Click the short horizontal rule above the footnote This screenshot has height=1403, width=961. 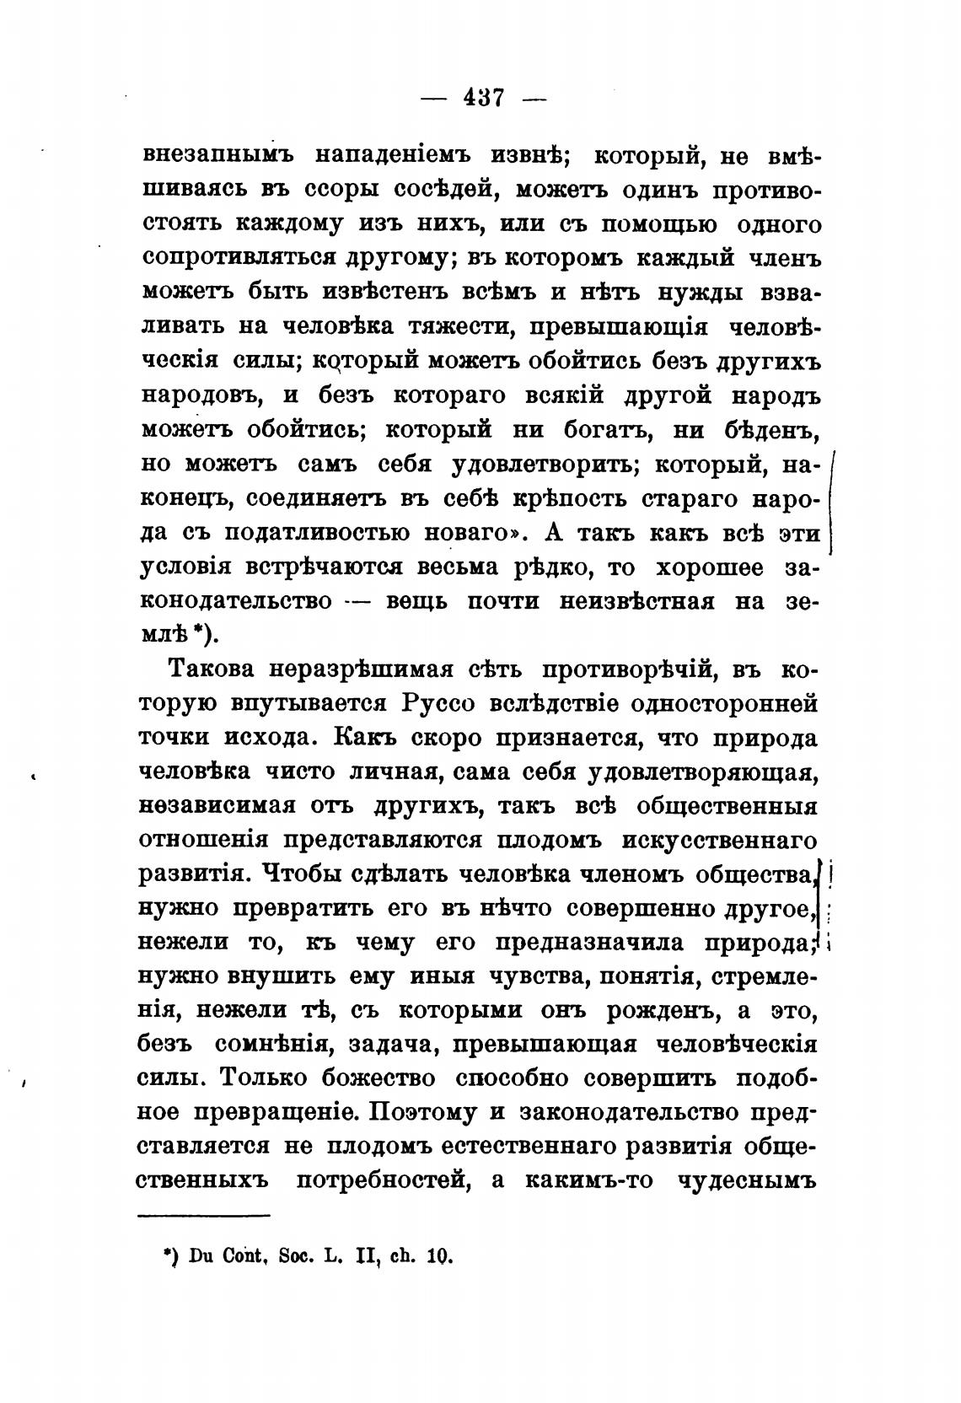coord(203,1215)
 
